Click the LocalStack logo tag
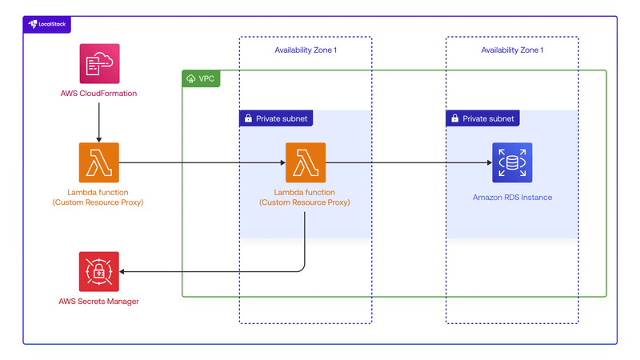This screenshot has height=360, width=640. [x=47, y=24]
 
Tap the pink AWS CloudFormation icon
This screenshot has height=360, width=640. [x=99, y=64]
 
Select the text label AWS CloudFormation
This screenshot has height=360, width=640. [x=98, y=94]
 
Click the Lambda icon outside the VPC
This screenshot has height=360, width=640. [x=99, y=162]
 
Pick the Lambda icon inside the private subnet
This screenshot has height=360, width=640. [x=306, y=162]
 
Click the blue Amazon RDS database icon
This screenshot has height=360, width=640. [x=511, y=162]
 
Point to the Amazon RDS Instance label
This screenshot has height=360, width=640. [x=511, y=197]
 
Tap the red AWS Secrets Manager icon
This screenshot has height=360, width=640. [x=99, y=271]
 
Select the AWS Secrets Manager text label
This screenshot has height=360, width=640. [x=98, y=302]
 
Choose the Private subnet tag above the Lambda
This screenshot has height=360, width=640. [x=275, y=118]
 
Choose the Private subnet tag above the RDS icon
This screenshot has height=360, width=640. [x=482, y=118]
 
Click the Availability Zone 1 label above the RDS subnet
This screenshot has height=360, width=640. [x=512, y=50]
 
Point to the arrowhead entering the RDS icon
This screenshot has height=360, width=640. [x=488, y=162]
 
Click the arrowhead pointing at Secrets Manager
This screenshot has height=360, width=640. [x=124, y=271]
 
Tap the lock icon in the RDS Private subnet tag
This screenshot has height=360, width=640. [x=455, y=118]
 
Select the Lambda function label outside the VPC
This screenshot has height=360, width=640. [x=98, y=198]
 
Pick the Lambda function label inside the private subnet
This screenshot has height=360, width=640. [x=305, y=198]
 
